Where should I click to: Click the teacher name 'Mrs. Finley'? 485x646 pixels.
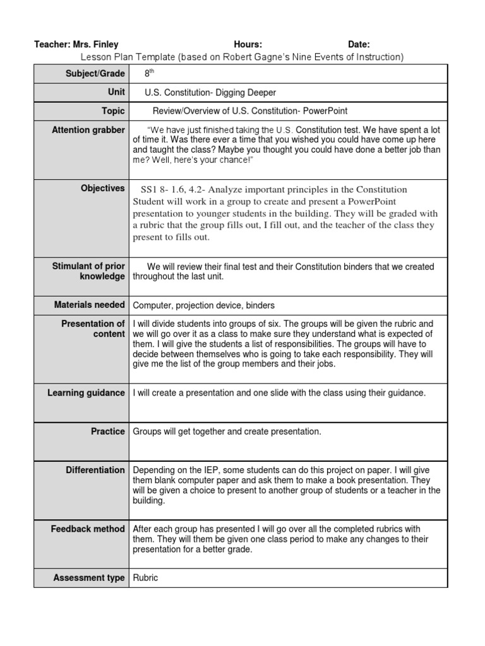(x=95, y=45)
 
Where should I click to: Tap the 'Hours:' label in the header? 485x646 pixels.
(x=248, y=45)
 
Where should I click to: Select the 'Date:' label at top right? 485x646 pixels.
(x=359, y=45)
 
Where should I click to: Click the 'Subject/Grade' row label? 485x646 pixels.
(x=95, y=74)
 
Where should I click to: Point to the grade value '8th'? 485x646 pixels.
(x=149, y=73)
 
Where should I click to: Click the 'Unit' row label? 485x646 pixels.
(x=116, y=92)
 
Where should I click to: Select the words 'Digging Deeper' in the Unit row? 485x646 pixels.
(x=247, y=93)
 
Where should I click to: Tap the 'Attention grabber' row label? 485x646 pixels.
(x=88, y=130)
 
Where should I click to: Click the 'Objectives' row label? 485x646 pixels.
(x=103, y=189)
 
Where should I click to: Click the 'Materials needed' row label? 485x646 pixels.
(x=90, y=305)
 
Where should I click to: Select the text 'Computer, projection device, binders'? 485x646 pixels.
(x=203, y=305)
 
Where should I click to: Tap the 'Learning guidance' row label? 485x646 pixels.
(x=87, y=393)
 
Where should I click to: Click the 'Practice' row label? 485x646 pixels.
(x=108, y=432)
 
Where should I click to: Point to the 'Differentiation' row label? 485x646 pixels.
(x=95, y=470)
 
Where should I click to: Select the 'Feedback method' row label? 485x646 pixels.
(x=88, y=529)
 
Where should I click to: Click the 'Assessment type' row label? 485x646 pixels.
(x=89, y=578)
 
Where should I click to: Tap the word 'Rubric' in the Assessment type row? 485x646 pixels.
(x=145, y=578)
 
